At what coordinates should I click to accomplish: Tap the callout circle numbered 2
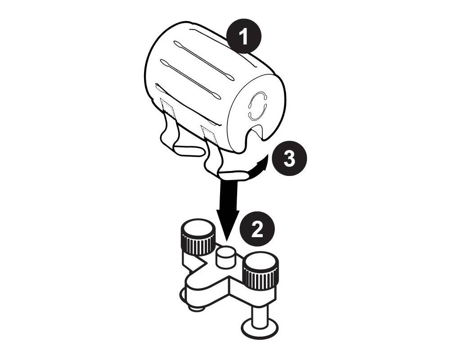256,230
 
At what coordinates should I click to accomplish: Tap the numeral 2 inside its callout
256,230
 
